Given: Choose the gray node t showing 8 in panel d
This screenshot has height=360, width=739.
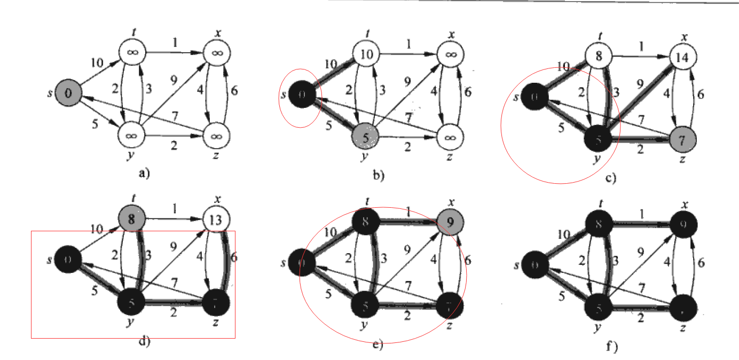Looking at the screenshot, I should [x=131, y=219].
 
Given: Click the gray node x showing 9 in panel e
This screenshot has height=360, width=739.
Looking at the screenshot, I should [x=450, y=220].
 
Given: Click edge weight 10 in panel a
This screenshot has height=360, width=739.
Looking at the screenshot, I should [x=96, y=63].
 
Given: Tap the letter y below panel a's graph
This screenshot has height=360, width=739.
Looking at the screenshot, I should [x=130, y=156].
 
